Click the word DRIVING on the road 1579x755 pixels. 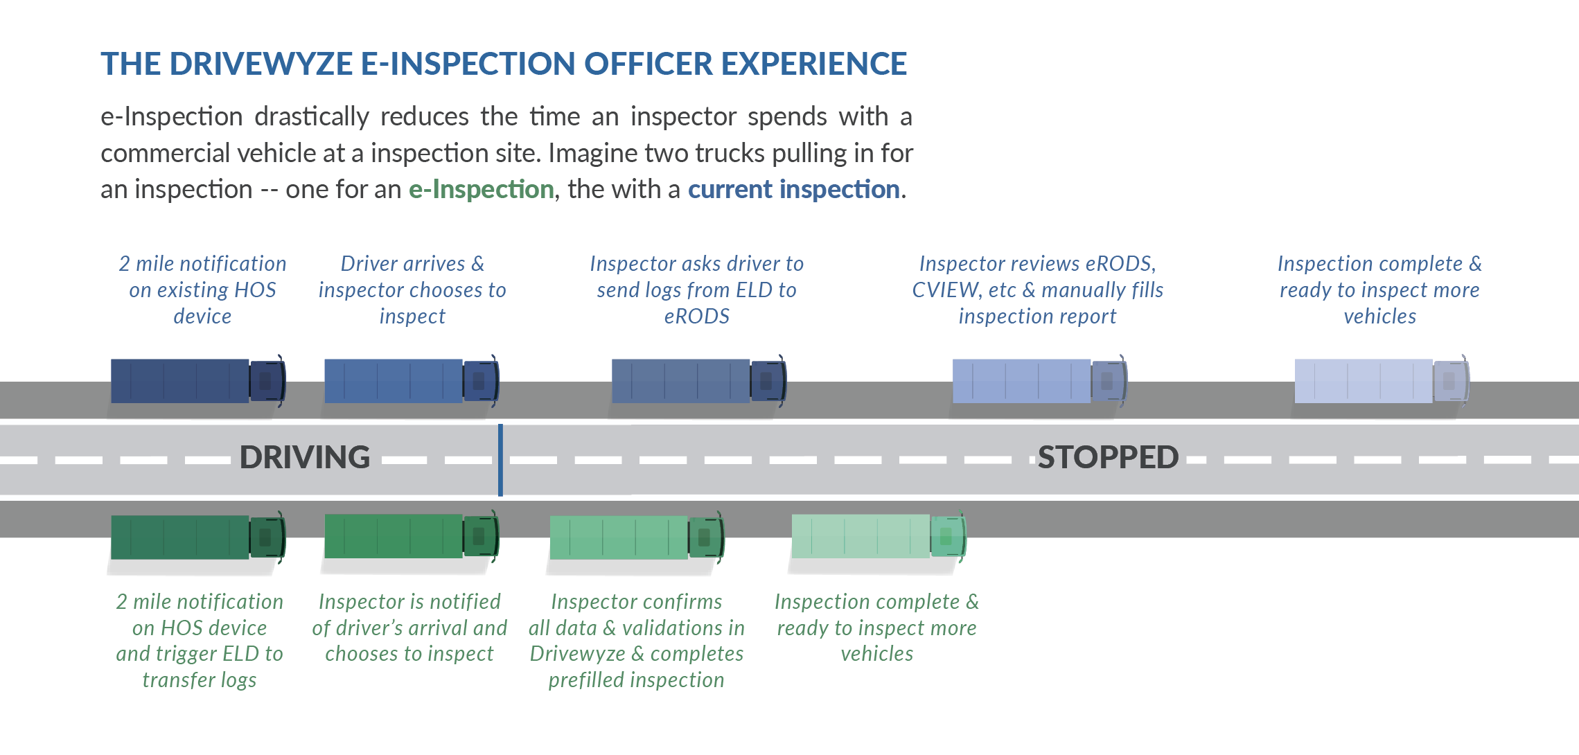(x=305, y=457)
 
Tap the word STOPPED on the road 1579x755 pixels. (x=1107, y=457)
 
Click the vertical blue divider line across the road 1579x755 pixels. (x=500, y=460)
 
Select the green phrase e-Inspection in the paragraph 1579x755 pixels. (x=481, y=189)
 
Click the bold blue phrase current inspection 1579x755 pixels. (x=793, y=189)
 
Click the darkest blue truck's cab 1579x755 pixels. (x=267, y=381)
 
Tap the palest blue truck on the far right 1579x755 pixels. (x=1379, y=381)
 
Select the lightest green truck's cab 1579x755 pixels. (x=946, y=536)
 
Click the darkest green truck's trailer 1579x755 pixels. (x=180, y=537)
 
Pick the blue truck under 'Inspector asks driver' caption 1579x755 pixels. (x=696, y=381)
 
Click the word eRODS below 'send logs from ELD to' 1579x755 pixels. (x=696, y=317)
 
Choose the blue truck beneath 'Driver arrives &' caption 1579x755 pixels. (x=410, y=381)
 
